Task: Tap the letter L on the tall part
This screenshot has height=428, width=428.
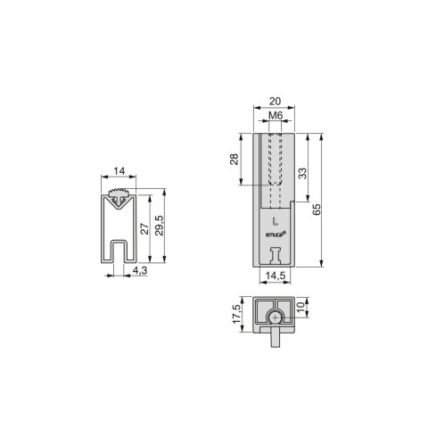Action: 275,219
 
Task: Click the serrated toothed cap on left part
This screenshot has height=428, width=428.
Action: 119,194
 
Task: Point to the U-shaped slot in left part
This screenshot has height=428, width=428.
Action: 119,251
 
